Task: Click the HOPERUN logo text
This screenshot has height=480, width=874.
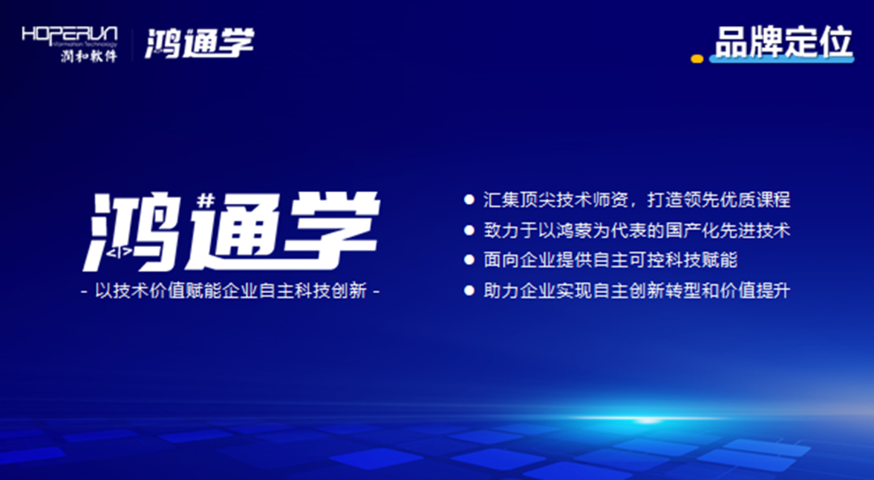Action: click(x=70, y=35)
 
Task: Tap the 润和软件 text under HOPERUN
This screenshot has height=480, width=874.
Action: click(x=89, y=55)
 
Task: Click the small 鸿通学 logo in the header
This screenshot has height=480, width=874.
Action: click(x=200, y=43)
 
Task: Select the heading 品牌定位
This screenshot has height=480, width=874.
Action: click(x=783, y=41)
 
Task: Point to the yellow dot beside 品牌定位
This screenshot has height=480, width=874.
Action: click(x=697, y=58)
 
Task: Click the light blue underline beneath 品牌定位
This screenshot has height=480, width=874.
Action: click(x=781, y=58)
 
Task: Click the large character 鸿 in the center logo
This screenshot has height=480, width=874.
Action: click(x=133, y=232)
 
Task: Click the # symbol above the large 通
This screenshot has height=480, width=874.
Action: click(x=206, y=200)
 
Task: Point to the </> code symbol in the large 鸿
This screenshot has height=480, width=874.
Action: click(x=119, y=252)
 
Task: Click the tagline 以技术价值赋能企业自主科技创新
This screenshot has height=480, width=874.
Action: click(x=230, y=291)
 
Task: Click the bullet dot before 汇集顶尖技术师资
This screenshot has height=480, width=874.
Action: click(x=469, y=199)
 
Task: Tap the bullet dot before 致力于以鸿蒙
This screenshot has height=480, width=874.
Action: click(x=469, y=230)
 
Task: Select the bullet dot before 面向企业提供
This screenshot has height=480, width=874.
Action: click(x=469, y=260)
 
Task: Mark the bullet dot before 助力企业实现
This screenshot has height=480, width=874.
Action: click(x=469, y=290)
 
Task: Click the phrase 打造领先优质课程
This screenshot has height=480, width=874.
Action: click(x=719, y=200)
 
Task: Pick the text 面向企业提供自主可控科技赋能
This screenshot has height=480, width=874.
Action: click(x=610, y=260)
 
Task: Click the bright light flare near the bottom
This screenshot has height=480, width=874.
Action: click(x=647, y=419)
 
